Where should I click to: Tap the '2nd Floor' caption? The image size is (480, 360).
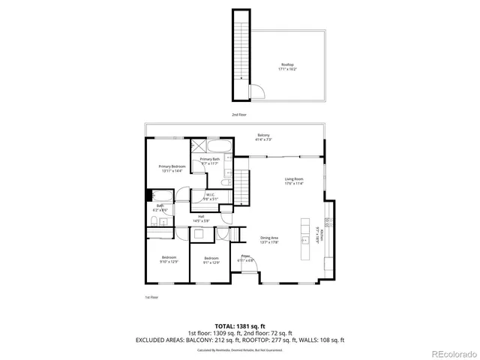pyautogui.click(x=239, y=115)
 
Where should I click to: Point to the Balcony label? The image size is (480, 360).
pyautogui.click(x=264, y=136)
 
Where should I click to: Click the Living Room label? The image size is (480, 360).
pyautogui.click(x=293, y=181)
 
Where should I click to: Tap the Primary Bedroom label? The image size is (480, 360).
pyautogui.click(x=172, y=168)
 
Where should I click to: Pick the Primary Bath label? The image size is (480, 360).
pyautogui.click(x=210, y=160)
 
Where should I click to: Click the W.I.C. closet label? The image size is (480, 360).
pyautogui.click(x=210, y=196)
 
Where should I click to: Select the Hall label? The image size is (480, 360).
pyautogui.click(x=201, y=218)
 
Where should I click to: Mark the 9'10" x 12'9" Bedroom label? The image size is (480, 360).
pyautogui.click(x=169, y=259)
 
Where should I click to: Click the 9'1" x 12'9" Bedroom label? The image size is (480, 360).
pyautogui.click(x=211, y=259)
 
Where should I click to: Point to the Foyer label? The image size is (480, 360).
pyautogui.click(x=245, y=259)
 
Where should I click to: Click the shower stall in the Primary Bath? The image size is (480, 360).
pyautogui.click(x=202, y=146)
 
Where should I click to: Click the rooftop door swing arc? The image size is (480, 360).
pyautogui.click(x=256, y=92)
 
